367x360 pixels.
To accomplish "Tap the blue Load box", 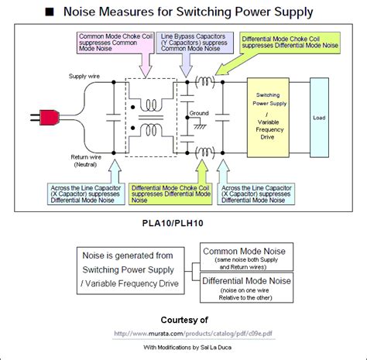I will (318, 118).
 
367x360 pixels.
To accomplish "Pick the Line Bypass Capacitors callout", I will (194, 42).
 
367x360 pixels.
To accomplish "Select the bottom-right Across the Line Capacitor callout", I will (259, 193).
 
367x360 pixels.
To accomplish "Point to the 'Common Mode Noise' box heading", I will (244, 251).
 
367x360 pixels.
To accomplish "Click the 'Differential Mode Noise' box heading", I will (244, 276).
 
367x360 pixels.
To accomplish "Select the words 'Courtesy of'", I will (183, 319).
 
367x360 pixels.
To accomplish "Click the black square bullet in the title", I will (48, 12).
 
